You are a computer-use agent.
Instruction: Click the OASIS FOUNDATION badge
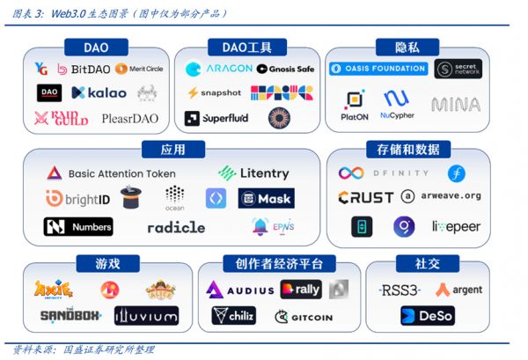point(378,68)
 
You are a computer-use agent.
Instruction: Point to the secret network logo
point(458,69)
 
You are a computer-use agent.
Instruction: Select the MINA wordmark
point(456,105)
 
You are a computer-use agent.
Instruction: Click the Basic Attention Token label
point(110,173)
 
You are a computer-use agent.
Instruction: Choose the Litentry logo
point(253,173)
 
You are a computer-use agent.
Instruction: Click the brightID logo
point(77,199)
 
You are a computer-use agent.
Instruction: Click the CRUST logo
point(365,197)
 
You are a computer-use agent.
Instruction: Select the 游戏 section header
point(107,263)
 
